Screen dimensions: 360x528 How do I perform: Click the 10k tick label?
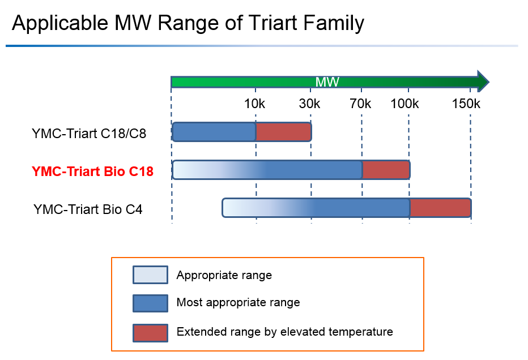(x=255, y=104)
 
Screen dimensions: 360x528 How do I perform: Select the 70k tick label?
(x=360, y=104)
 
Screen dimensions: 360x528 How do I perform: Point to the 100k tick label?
(x=404, y=104)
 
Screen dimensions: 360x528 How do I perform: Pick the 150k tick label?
(x=466, y=104)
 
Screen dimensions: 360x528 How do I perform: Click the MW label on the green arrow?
(x=327, y=82)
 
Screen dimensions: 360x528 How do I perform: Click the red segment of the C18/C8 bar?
(x=283, y=132)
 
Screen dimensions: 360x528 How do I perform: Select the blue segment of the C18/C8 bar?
(x=214, y=132)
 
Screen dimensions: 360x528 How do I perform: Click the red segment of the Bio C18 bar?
(x=385, y=170)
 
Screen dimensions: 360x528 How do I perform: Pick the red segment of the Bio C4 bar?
(x=440, y=208)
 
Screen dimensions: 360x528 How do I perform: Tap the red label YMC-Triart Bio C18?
(x=92, y=171)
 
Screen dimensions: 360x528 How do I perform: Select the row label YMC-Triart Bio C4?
(x=88, y=209)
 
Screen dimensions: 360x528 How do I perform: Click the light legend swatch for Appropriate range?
(x=150, y=275)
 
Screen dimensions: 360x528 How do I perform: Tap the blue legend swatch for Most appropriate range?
(x=150, y=303)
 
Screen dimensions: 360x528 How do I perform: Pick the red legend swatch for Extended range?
(x=150, y=332)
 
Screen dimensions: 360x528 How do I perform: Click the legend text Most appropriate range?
(x=238, y=302)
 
